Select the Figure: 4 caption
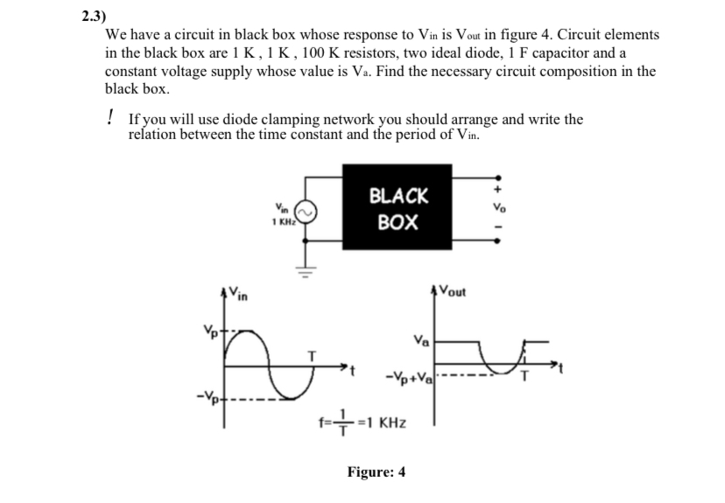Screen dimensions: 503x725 (376, 472)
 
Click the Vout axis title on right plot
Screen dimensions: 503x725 (455, 292)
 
